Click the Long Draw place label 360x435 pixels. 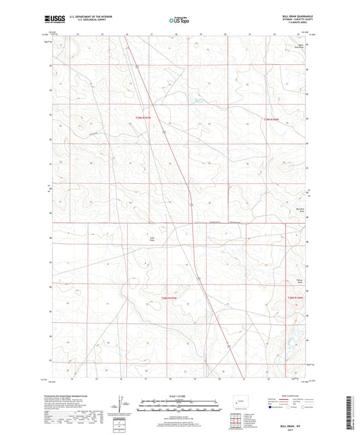tap(152, 238)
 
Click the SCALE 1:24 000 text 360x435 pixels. tap(180, 396)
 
